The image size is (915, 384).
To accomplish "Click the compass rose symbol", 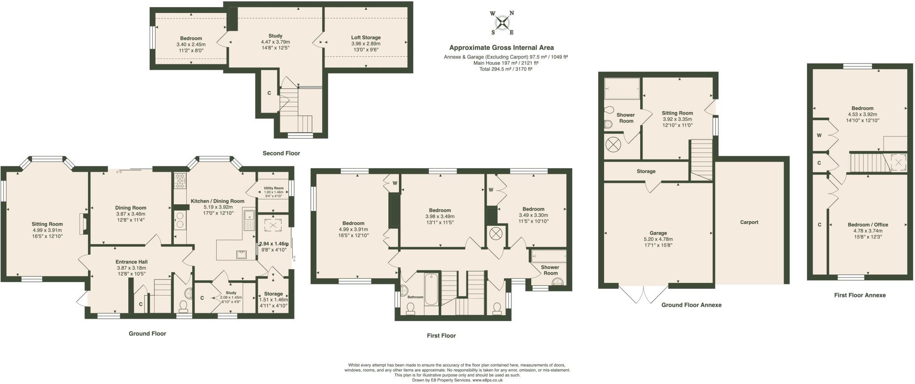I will (x=502, y=22).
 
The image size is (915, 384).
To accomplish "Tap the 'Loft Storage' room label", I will (x=365, y=38).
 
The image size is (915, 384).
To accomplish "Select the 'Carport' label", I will (x=749, y=222).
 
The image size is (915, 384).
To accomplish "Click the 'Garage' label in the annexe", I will (x=658, y=233).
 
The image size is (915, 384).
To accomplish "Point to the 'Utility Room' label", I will (x=274, y=188).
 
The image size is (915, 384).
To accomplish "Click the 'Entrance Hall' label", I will (x=131, y=262).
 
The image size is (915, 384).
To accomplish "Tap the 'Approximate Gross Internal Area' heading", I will (x=501, y=48).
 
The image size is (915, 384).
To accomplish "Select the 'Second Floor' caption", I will (x=281, y=153).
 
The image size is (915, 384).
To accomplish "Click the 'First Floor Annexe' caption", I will (x=860, y=295).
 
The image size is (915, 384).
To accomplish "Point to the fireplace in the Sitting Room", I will (x=83, y=224).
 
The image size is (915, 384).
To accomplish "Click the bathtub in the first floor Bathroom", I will (x=431, y=288).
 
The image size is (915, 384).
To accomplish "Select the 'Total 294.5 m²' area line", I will (x=505, y=69).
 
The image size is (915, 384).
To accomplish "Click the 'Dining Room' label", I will (x=130, y=208).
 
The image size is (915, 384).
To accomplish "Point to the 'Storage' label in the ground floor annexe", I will (x=646, y=171).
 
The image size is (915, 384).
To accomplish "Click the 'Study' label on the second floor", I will (x=275, y=36).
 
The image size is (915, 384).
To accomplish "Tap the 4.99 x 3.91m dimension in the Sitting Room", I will (x=47, y=230).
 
